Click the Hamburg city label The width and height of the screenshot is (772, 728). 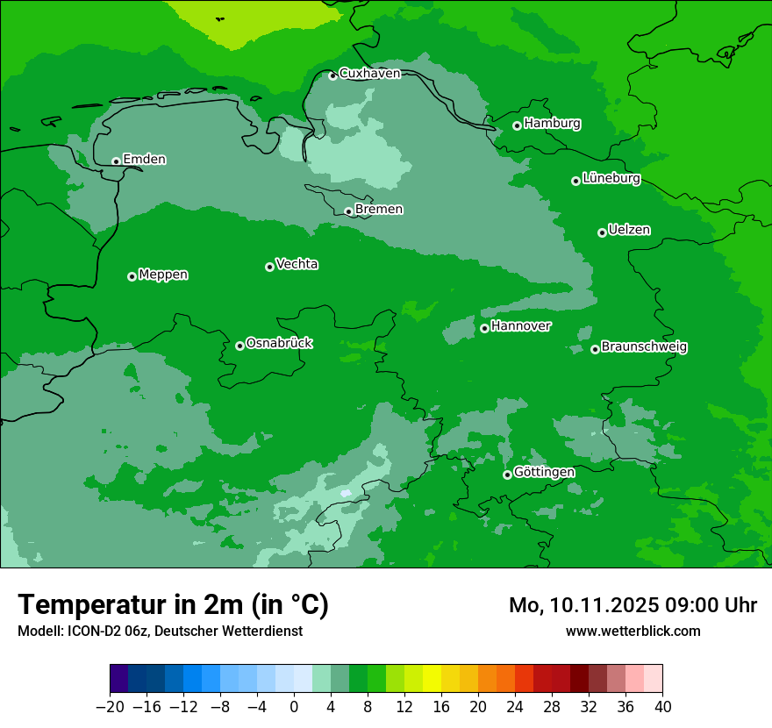pyautogui.click(x=552, y=124)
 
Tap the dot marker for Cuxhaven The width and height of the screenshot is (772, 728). pyautogui.click(x=332, y=75)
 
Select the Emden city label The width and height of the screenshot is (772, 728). pyautogui.click(x=144, y=160)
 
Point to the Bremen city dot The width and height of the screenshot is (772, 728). pyautogui.click(x=348, y=211)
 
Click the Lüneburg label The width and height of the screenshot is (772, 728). pyautogui.click(x=611, y=179)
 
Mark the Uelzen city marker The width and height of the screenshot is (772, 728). pyautogui.click(x=602, y=232)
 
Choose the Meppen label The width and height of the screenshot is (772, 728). pyautogui.click(x=163, y=275)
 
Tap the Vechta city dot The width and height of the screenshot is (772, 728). pyautogui.click(x=269, y=267)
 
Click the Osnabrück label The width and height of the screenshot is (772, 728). pyautogui.click(x=279, y=344)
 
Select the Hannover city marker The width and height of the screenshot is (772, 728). pyautogui.click(x=484, y=328)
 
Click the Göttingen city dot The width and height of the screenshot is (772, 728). pyautogui.click(x=507, y=475)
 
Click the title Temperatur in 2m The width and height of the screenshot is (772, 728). pyautogui.click(x=173, y=605)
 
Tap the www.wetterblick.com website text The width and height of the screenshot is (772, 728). pyautogui.click(x=633, y=631)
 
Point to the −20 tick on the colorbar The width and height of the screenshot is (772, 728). pyautogui.click(x=110, y=706)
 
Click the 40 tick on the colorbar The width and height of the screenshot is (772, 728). pyautogui.click(x=662, y=706)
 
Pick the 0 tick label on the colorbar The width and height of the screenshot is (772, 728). pyautogui.click(x=294, y=706)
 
